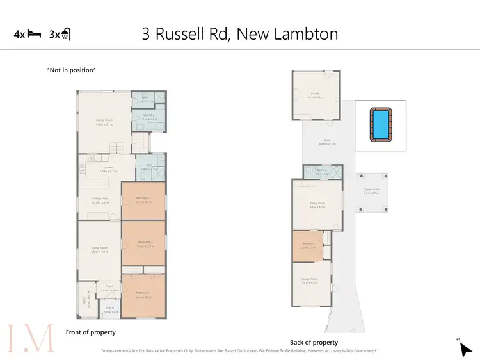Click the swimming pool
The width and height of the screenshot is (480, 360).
tap(380, 124)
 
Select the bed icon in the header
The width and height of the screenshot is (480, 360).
tap(35, 35)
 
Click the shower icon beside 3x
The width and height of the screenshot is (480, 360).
tap(66, 35)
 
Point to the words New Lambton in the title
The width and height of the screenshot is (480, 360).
tap(287, 33)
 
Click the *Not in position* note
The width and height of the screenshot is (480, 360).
tap(71, 70)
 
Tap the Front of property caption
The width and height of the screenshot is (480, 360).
tap(90, 332)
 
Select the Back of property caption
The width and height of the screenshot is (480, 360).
tap(314, 343)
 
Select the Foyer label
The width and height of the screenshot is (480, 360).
tap(109, 286)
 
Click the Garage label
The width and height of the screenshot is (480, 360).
tap(315, 94)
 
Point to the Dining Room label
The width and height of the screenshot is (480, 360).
tap(317, 204)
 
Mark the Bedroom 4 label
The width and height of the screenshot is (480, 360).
tap(143, 198)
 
